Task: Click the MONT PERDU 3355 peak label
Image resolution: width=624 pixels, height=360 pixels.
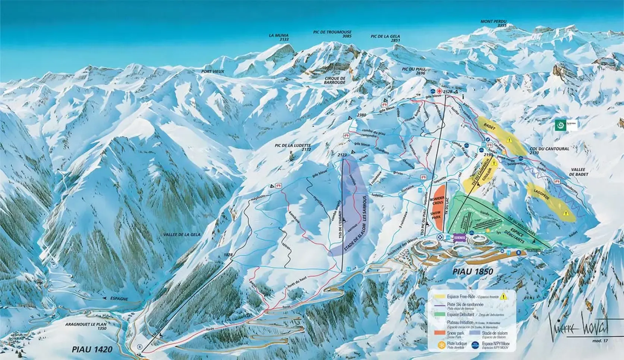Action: click(494, 23)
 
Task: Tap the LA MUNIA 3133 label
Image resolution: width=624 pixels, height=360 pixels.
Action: click(279, 37)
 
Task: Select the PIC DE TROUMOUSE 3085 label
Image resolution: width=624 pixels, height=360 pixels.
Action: click(332, 34)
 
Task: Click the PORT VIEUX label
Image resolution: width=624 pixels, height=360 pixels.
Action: click(212, 72)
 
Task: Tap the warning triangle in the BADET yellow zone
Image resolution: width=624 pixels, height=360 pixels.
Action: click(508, 140)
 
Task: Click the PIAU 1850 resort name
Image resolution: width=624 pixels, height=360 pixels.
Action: click(473, 271)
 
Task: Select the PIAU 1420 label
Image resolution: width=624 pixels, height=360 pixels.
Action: click(92, 349)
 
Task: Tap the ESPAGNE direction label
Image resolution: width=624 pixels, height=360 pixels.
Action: click(119, 299)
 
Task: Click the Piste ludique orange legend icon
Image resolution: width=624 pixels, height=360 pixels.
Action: click(441, 344)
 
